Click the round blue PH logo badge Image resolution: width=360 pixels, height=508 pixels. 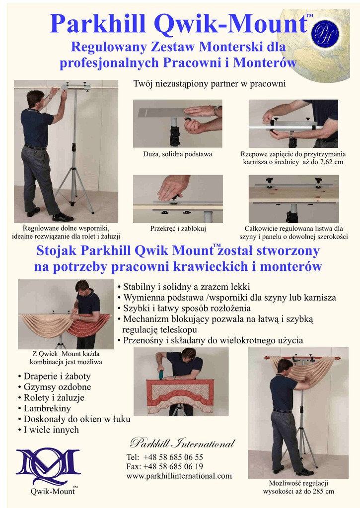[325, 34]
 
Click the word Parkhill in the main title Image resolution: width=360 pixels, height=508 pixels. [98, 24]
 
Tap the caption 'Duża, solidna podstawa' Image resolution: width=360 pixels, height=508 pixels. [178, 154]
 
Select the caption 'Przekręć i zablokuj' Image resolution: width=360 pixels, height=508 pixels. [178, 228]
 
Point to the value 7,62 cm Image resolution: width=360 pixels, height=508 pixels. [332, 162]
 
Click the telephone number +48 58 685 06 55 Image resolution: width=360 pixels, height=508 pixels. [173, 457]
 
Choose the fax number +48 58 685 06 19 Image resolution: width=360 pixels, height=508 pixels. [173, 466]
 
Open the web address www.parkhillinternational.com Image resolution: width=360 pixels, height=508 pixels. [179, 476]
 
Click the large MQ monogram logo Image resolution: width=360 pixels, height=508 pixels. [48, 466]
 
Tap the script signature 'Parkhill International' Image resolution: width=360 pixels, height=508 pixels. [183, 443]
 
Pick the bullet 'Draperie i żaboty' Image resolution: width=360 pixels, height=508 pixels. [55, 376]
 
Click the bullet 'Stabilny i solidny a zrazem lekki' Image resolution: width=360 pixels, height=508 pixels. [184, 287]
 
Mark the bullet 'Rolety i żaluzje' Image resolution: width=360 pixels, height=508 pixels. [51, 397]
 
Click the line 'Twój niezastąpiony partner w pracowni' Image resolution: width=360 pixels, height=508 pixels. [210, 84]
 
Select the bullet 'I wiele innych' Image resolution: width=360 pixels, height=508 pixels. [49, 430]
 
